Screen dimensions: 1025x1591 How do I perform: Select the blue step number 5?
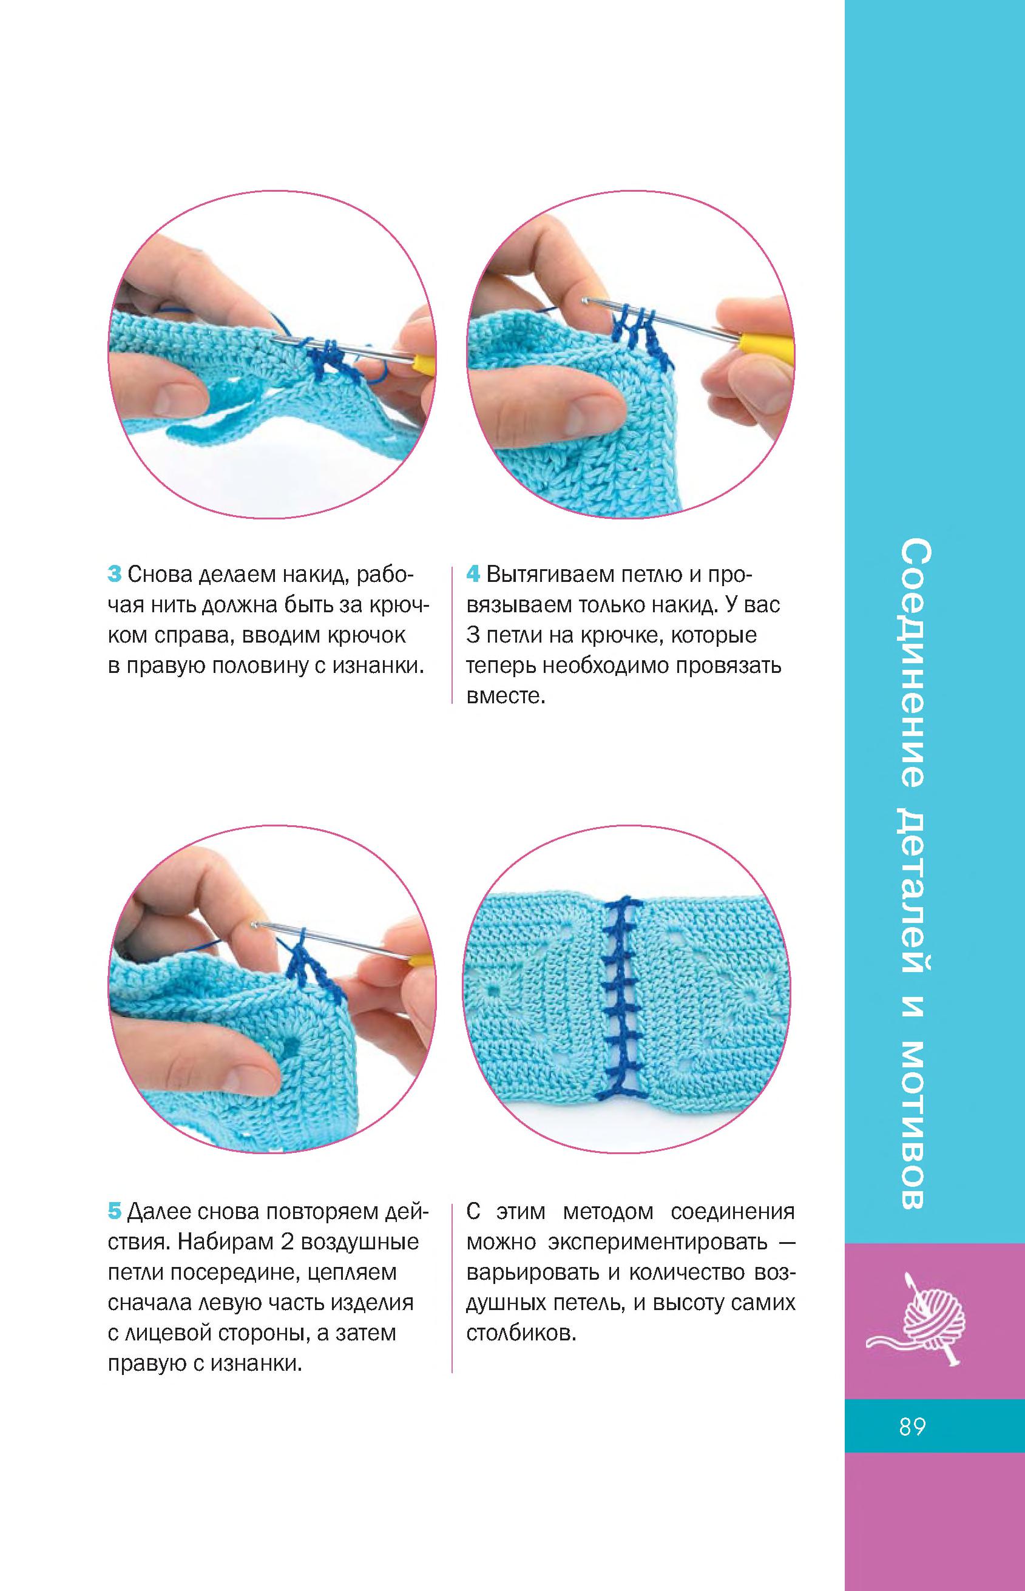tap(115, 1212)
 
